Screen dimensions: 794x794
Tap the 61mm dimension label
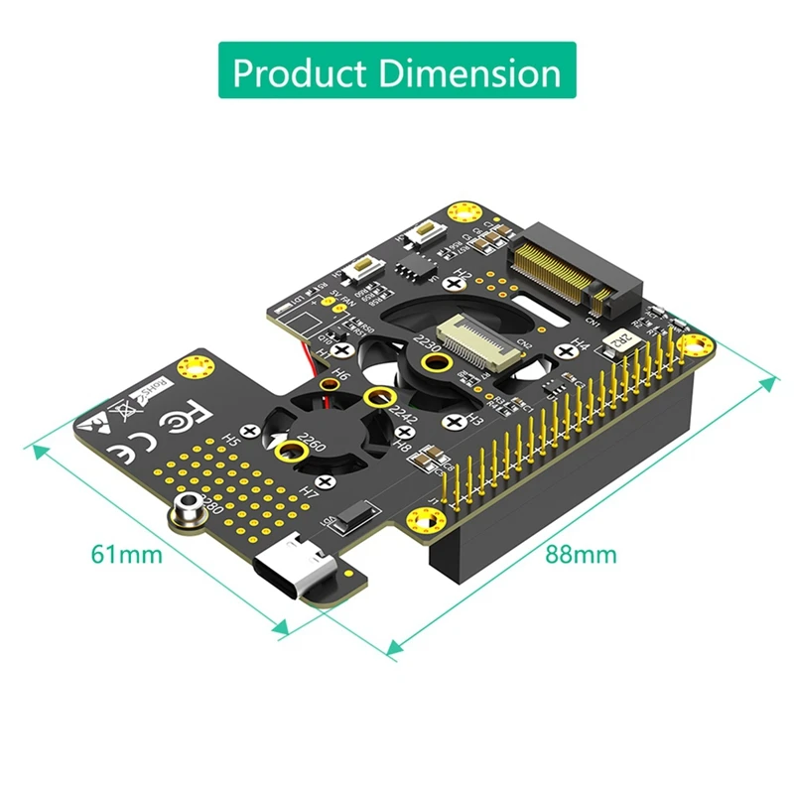tap(126, 554)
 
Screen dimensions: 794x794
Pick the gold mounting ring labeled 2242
tap(375, 398)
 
